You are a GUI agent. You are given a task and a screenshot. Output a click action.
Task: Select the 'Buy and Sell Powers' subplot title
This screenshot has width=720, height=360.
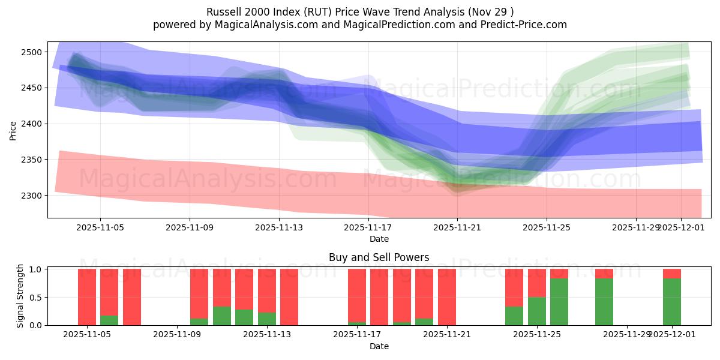379,257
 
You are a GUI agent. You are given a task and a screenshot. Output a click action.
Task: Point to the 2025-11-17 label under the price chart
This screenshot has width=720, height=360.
368,228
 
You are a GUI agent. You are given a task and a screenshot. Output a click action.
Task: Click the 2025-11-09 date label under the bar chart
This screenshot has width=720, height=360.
178,334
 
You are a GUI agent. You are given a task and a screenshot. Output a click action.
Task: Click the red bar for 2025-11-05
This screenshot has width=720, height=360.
87,297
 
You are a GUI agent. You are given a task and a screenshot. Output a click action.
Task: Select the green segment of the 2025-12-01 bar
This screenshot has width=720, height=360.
672,302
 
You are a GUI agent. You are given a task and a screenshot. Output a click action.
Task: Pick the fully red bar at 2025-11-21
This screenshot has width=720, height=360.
447,297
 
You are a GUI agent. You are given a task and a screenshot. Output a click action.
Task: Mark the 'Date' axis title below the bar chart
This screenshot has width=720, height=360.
379,346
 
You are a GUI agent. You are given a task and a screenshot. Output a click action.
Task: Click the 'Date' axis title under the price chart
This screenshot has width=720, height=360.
379,239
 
